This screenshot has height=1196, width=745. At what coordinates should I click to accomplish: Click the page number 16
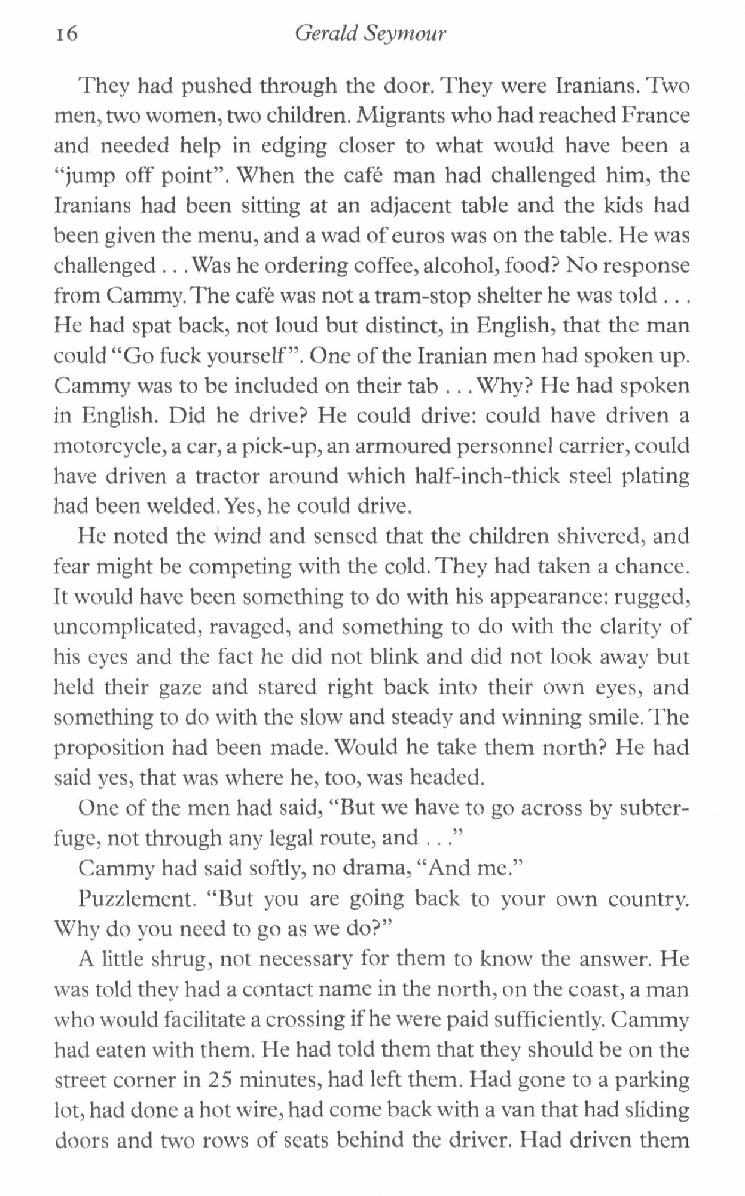tap(66, 33)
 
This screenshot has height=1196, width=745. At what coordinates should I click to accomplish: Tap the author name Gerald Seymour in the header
tap(371, 35)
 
